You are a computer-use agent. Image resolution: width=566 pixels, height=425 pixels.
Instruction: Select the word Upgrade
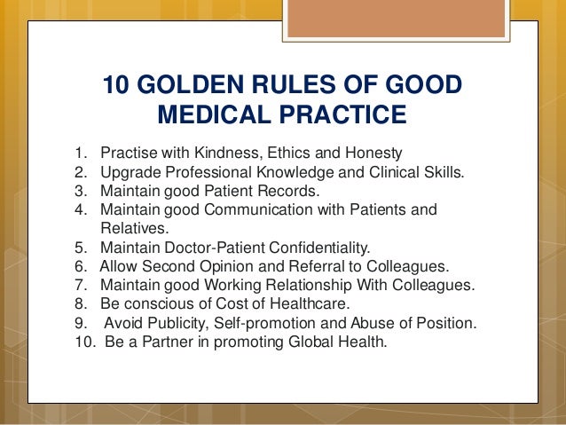click(x=128, y=171)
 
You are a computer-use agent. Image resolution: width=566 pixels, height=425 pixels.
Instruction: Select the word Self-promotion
click(x=265, y=324)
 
